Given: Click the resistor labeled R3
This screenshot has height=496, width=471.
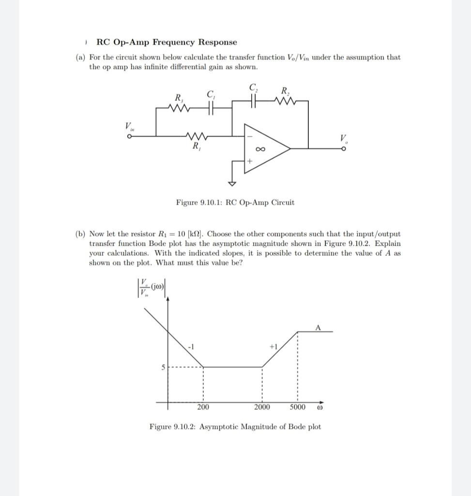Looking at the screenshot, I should (x=180, y=109).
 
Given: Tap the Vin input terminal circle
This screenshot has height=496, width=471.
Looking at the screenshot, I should (x=130, y=137).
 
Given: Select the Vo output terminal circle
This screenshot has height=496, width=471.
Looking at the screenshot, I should (x=344, y=149).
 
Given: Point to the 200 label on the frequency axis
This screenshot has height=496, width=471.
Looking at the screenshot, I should (x=203, y=407).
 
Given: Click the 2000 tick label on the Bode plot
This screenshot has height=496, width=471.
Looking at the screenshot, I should (x=262, y=407).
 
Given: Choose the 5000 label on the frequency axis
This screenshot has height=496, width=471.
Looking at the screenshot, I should (x=298, y=407).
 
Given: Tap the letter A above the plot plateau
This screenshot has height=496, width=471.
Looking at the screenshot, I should (x=318, y=327).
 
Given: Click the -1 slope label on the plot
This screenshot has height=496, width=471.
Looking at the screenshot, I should (x=191, y=347).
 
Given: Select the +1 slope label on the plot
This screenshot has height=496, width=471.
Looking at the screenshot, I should (x=273, y=347).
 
